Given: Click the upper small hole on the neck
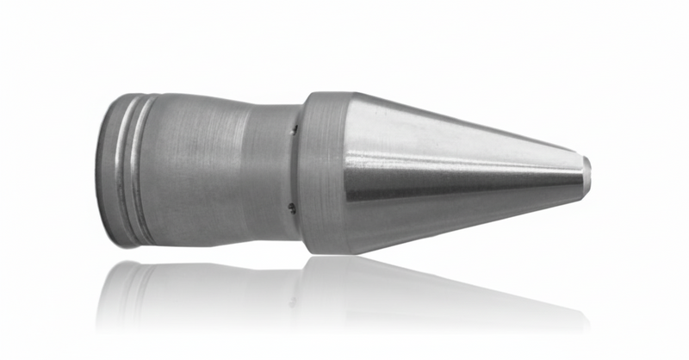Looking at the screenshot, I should (294, 131).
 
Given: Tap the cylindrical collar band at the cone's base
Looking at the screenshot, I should (323, 172).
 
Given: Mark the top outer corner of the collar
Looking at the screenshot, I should (307, 96).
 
